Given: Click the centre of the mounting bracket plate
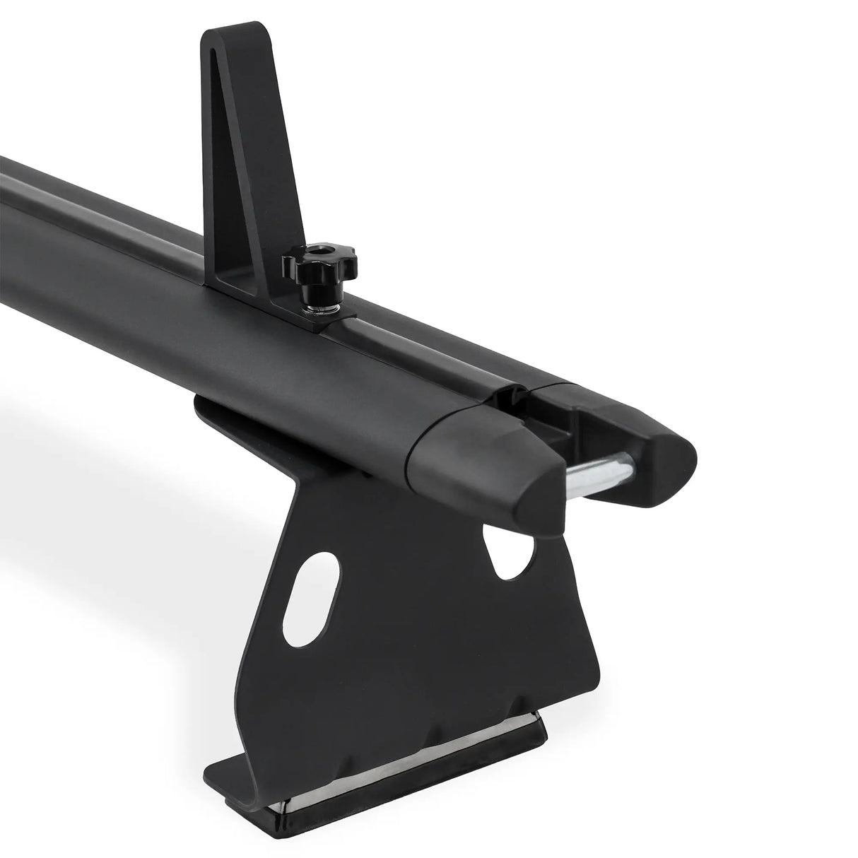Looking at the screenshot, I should [417, 622].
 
